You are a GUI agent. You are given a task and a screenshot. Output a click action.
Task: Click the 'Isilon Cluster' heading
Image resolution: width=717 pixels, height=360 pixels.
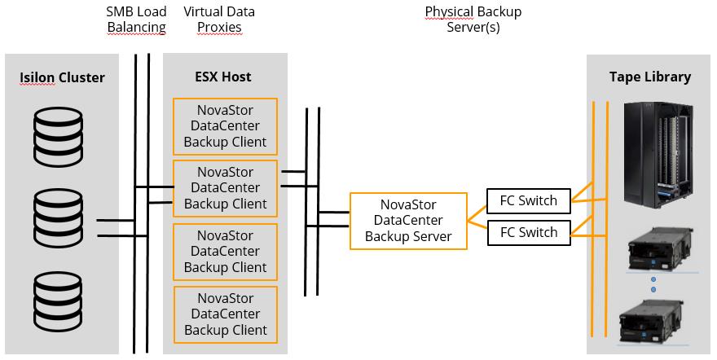click(x=62, y=77)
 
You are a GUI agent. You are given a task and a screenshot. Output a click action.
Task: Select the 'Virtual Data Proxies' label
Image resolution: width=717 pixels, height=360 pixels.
click(x=218, y=20)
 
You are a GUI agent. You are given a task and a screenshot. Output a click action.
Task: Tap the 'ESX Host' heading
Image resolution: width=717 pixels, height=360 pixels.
click(x=222, y=77)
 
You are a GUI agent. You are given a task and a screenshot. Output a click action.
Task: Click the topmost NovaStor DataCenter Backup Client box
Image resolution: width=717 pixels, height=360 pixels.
click(x=225, y=125)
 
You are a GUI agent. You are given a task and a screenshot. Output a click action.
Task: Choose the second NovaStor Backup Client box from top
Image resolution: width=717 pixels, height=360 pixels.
click(x=225, y=188)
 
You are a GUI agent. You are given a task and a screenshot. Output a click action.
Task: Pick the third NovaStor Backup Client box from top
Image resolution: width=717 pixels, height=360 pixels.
click(x=225, y=252)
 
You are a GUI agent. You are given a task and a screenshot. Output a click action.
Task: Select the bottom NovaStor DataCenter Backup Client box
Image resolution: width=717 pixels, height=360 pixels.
click(x=225, y=314)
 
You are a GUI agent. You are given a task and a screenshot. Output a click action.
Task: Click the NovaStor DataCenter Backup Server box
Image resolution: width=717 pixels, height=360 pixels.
click(x=408, y=220)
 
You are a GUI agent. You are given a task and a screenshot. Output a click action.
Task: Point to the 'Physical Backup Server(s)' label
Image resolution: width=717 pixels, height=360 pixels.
click(x=473, y=20)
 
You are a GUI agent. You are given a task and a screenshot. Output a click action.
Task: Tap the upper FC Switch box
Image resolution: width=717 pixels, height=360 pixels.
click(x=528, y=200)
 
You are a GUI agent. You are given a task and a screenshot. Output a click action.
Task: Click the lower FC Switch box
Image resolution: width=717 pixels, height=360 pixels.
click(x=528, y=233)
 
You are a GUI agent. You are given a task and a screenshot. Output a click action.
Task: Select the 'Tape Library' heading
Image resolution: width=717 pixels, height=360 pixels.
click(x=649, y=77)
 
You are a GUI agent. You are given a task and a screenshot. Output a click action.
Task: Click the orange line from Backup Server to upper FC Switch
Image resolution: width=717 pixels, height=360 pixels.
click(x=477, y=209)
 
